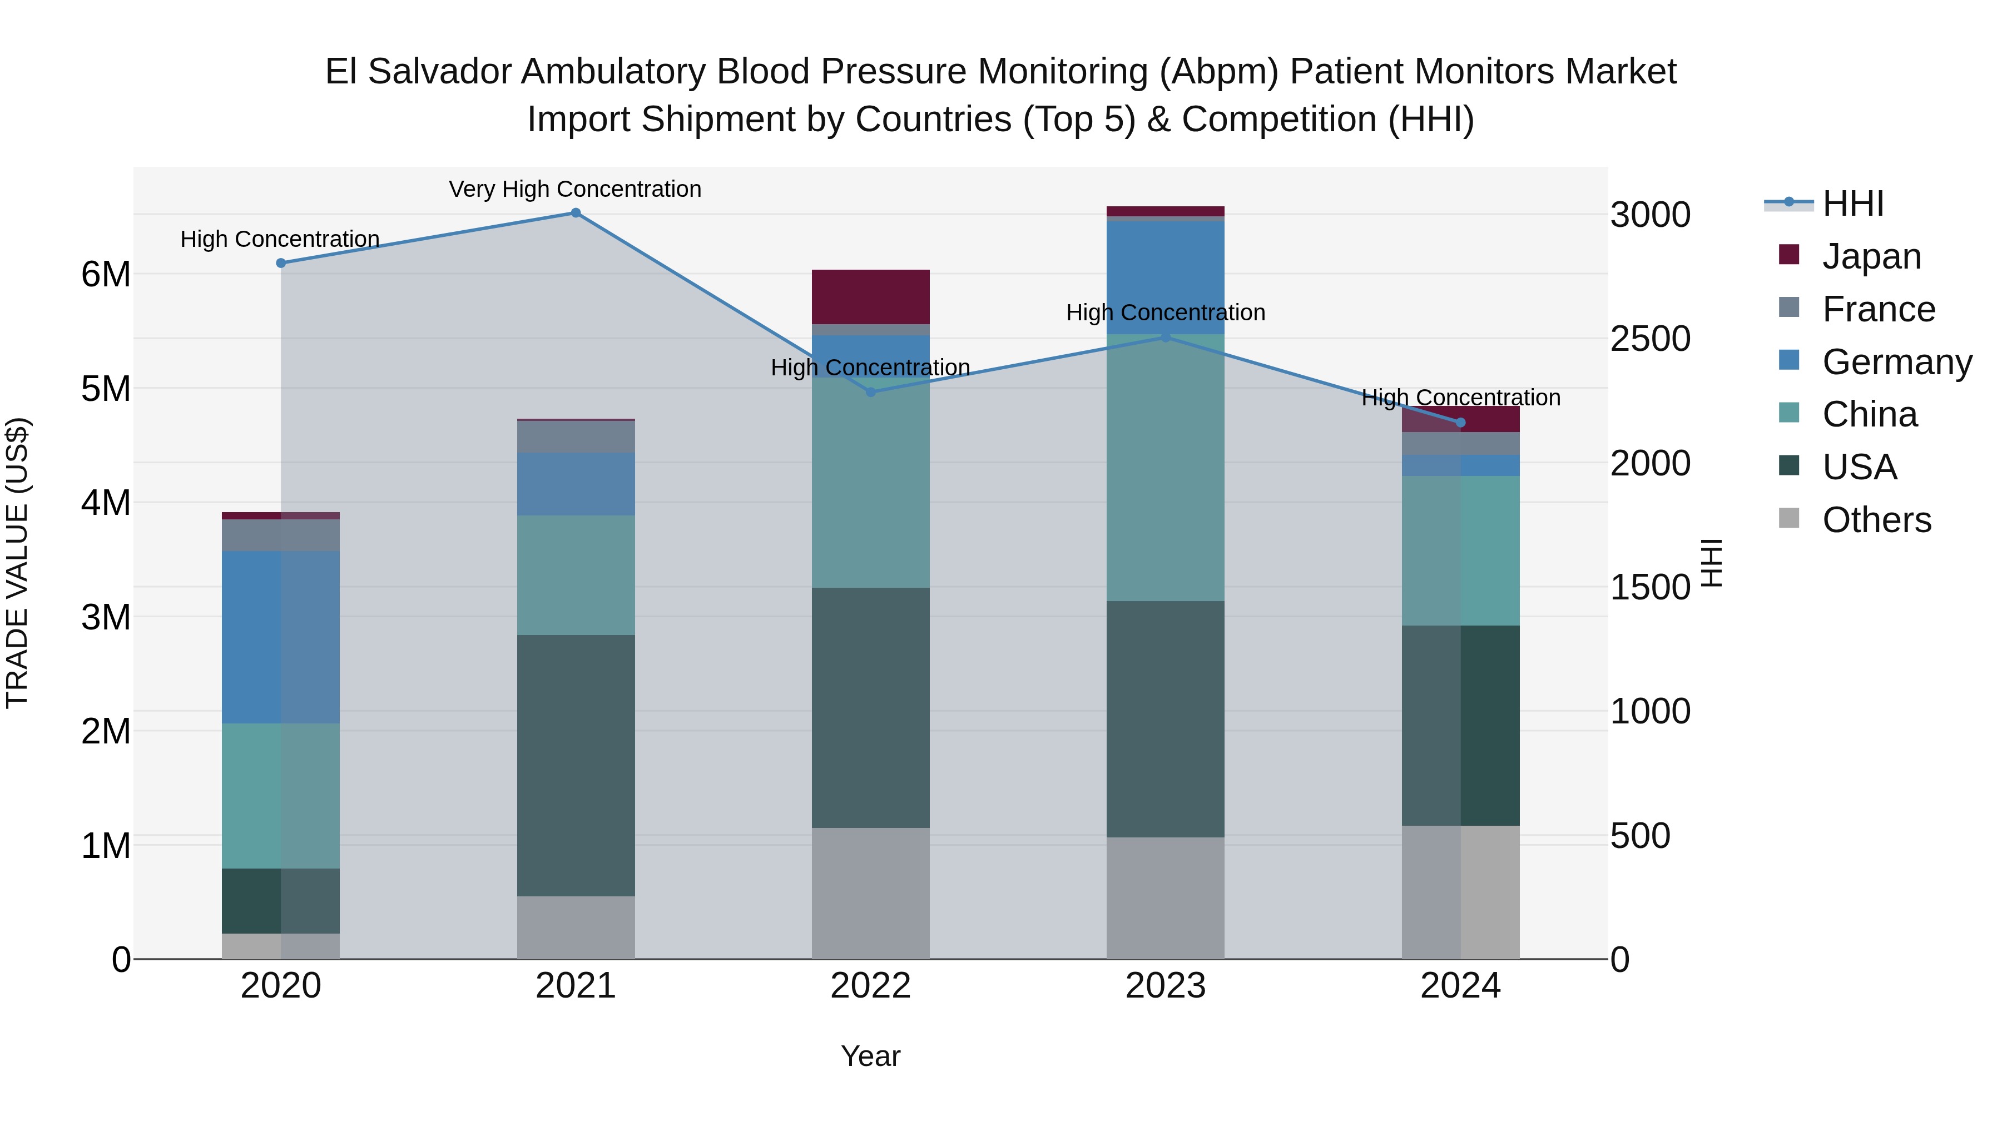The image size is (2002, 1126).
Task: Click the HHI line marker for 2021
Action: click(576, 213)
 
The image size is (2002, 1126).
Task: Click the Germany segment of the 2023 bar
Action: click(1165, 277)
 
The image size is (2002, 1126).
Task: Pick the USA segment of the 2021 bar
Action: click(576, 766)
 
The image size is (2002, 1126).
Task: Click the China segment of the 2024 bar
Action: click(1460, 550)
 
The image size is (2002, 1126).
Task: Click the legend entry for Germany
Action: click(1896, 362)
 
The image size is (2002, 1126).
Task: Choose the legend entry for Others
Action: click(1876, 520)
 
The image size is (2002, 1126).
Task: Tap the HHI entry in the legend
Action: click(1853, 204)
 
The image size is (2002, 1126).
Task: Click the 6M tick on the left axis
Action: click(106, 274)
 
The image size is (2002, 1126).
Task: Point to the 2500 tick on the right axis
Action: click(1649, 339)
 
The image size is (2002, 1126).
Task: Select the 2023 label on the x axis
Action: click(1165, 986)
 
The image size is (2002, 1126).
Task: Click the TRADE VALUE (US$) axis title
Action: click(17, 563)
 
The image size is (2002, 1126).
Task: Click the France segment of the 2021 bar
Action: click(576, 436)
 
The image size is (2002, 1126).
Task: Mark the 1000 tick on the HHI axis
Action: click(1649, 711)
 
